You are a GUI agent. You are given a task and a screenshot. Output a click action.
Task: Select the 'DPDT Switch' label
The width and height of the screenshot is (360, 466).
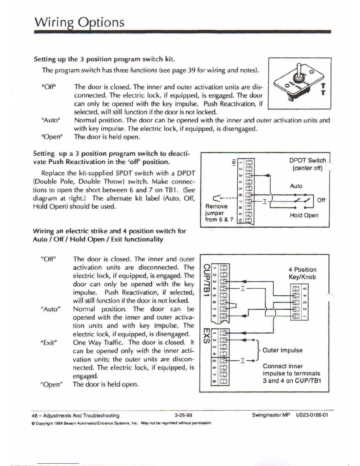[307, 161]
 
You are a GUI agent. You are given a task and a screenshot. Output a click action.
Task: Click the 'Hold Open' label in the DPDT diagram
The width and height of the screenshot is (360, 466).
[304, 215]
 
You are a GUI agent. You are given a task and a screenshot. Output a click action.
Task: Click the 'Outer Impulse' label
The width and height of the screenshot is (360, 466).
[282, 350]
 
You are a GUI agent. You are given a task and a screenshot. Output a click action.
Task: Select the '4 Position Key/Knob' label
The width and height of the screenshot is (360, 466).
[302, 273]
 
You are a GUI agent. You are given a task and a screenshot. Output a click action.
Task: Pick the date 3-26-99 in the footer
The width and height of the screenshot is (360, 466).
[183, 415]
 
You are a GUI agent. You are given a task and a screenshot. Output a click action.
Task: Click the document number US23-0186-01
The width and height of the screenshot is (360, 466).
[312, 415]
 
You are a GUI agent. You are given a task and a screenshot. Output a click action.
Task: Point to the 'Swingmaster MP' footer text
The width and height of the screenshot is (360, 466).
[271, 415]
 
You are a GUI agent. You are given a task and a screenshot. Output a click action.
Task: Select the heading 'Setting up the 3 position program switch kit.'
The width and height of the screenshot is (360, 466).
[104, 59]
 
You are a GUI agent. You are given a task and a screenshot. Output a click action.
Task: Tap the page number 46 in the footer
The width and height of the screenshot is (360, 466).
[34, 416]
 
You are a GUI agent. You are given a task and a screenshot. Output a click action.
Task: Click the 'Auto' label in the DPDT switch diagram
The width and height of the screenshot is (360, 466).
[296, 186]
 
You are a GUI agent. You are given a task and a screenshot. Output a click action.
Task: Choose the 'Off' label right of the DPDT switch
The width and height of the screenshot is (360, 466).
[321, 200]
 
